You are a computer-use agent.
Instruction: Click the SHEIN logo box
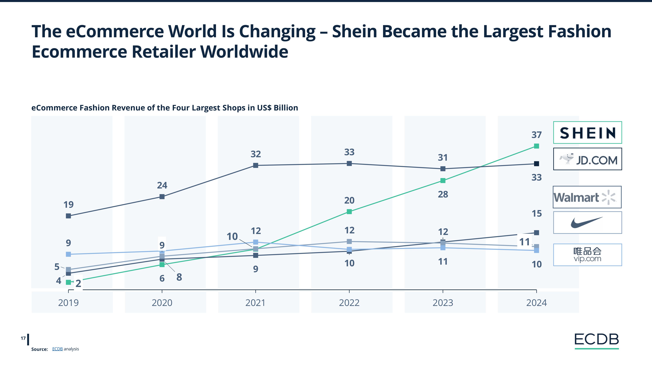(587, 133)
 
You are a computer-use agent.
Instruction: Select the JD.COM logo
(587, 159)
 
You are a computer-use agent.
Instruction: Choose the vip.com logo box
(587, 255)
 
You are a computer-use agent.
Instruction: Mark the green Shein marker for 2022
(349, 211)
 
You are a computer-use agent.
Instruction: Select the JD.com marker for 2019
(68, 216)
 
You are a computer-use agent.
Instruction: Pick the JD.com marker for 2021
(256, 165)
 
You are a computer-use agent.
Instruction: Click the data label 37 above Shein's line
(536, 135)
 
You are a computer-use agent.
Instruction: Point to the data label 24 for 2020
(162, 185)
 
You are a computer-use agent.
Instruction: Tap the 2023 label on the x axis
(443, 303)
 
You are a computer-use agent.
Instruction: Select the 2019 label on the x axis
(68, 303)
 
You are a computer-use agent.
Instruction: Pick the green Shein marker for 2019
(68, 282)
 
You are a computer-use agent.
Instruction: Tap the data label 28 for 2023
(443, 195)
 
